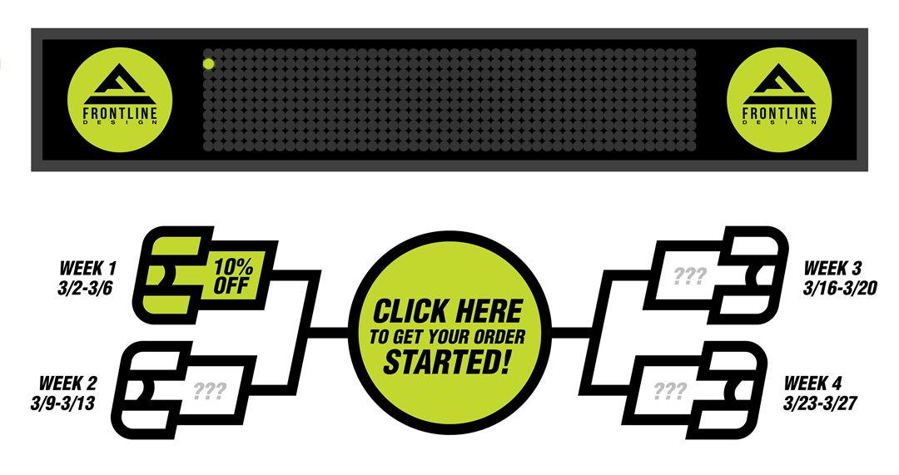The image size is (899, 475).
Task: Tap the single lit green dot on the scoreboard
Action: point(209,63)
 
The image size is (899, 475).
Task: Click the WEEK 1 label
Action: point(88,269)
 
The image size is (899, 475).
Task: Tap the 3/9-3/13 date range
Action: point(67,403)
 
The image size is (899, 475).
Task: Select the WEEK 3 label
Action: point(832,269)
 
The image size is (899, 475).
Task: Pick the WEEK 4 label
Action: point(813,384)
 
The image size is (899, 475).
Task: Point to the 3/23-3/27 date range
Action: point(821,403)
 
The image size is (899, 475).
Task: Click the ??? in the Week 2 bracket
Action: point(210,389)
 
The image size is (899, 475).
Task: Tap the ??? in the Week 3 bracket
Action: point(688,275)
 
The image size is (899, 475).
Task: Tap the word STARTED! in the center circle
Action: point(448,363)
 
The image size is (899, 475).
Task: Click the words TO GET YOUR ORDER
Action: point(448,337)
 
